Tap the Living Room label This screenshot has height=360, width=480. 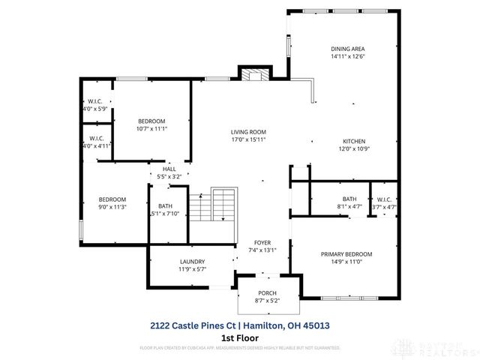tap(248, 132)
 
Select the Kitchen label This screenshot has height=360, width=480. tap(355, 141)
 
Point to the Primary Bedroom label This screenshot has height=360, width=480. tap(346, 254)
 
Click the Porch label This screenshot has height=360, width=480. tap(268, 292)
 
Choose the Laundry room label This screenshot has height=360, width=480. tap(192, 262)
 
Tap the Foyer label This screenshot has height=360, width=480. tap(262, 242)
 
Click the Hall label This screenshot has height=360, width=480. tap(169, 169)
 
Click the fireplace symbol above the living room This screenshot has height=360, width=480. tap(254, 73)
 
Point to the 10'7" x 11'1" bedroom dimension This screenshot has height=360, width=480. tap(151, 128)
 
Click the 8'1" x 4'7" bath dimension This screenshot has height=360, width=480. tap(349, 206)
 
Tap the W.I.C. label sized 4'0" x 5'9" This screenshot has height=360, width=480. tap(95, 102)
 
